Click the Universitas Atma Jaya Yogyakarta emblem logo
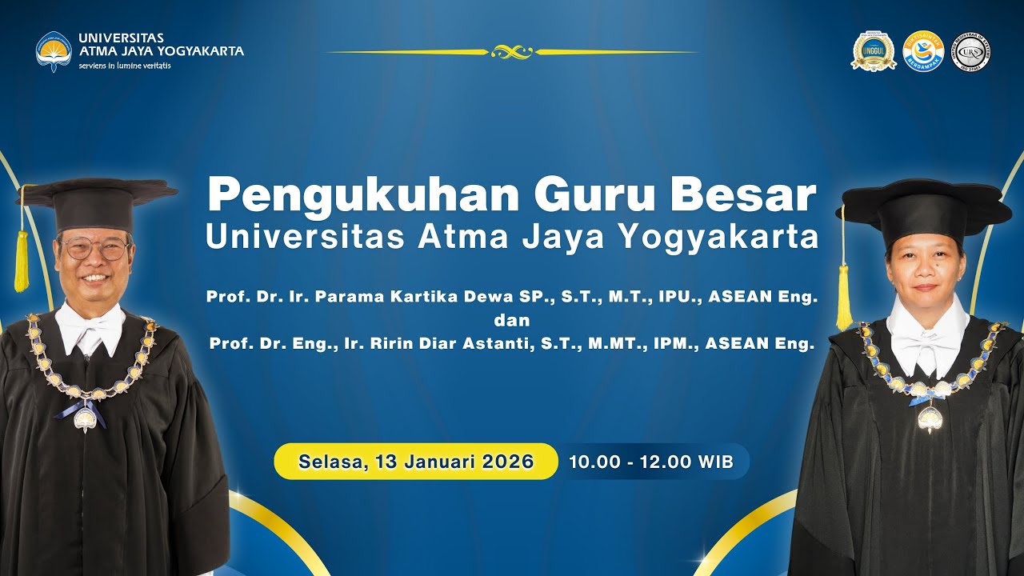pyautogui.click(x=54, y=50)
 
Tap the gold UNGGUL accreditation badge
pyautogui.click(x=874, y=50)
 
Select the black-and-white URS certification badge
pyautogui.click(x=970, y=52)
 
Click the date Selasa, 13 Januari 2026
pyautogui.click(x=416, y=462)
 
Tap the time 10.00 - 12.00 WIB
pyautogui.click(x=650, y=462)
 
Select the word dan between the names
pyautogui.click(x=512, y=320)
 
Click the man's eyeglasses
pyautogui.click(x=96, y=248)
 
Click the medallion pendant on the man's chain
pyautogui.click(x=85, y=418)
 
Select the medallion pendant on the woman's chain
pyautogui.click(x=929, y=418)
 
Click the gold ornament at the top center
pyautogui.click(x=512, y=52)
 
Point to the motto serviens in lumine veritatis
pyautogui.click(x=124, y=66)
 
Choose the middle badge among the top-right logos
pyautogui.click(x=922, y=50)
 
